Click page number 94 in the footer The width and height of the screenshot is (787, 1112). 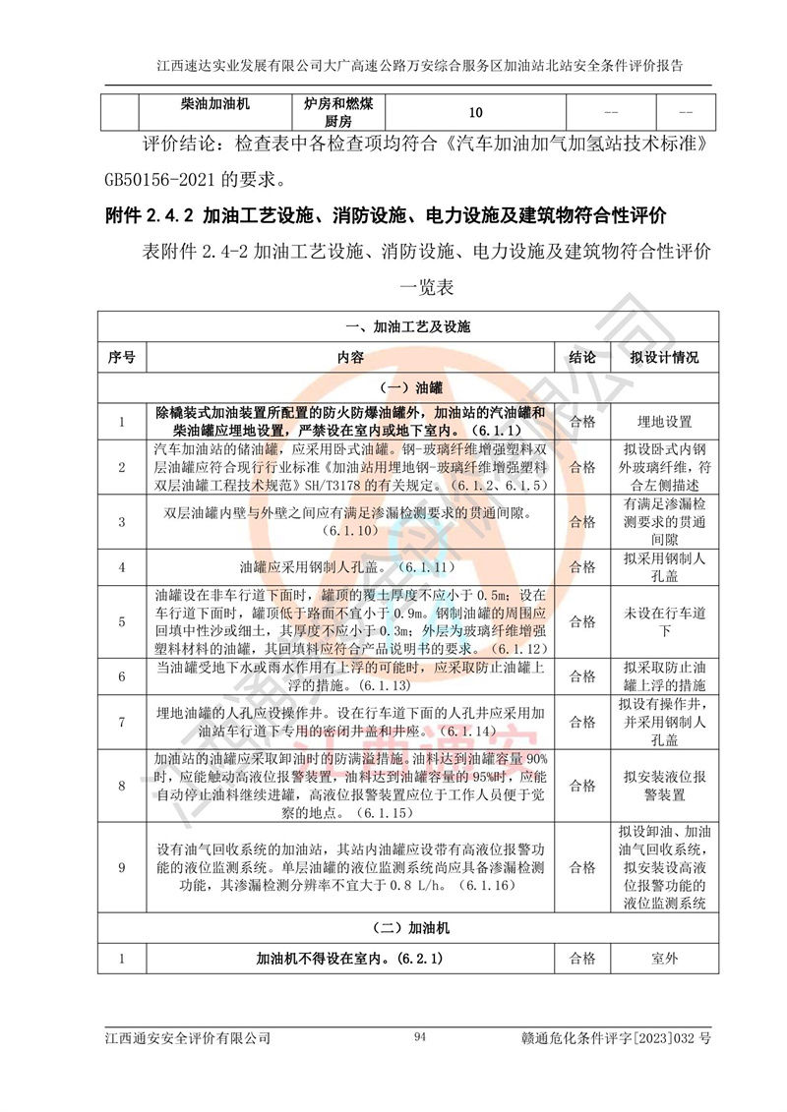coord(420,1037)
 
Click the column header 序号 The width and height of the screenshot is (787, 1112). coord(121,357)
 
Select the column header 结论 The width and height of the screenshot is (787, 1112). coord(582,357)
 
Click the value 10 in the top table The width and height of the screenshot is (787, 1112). coord(476,111)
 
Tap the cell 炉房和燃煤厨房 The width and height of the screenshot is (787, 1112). coord(338,111)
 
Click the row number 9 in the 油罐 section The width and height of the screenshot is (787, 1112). coord(121,867)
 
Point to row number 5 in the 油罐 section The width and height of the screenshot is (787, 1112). coord(121,621)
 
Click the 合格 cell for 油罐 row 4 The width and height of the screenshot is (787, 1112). coord(582,567)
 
